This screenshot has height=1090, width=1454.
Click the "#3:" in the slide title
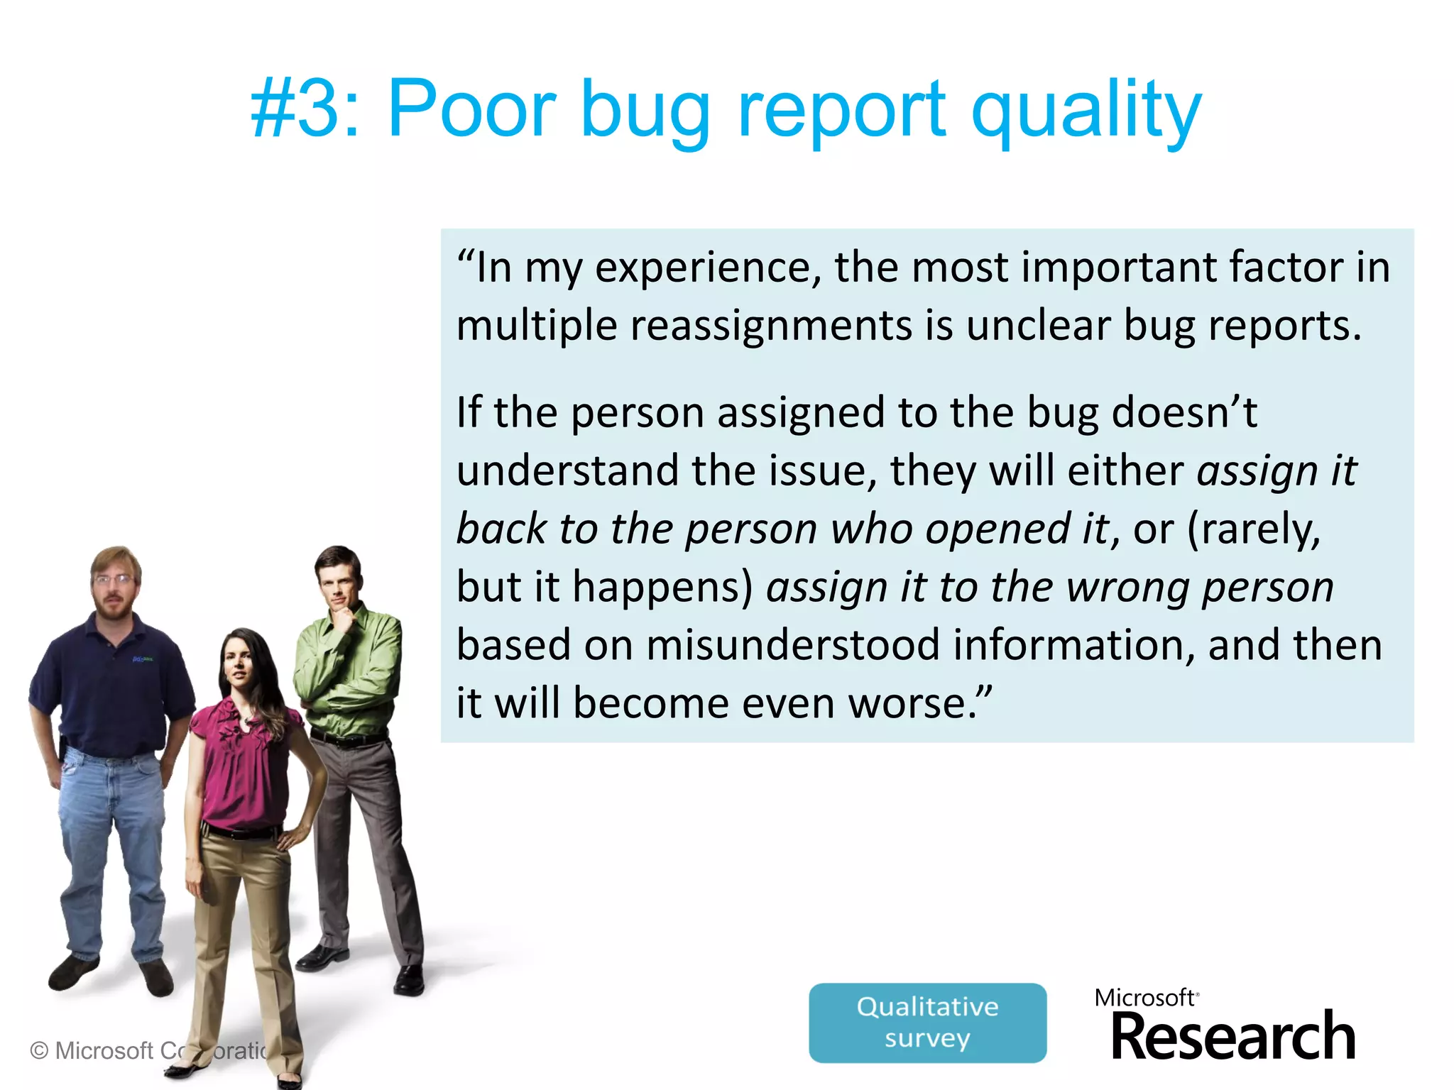tap(306, 110)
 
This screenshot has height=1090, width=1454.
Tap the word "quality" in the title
tap(1086, 112)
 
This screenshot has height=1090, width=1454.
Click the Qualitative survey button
tap(927, 1023)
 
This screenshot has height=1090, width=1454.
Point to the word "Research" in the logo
tap(1232, 1037)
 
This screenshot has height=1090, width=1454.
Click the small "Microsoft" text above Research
tap(1144, 998)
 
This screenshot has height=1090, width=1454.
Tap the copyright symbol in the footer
tap(39, 1050)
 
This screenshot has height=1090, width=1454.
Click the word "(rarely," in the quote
tap(1254, 529)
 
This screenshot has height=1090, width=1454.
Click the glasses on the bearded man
tap(114, 579)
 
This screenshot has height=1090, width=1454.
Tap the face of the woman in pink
tap(239, 666)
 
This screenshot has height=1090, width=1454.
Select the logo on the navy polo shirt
tap(143, 659)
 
